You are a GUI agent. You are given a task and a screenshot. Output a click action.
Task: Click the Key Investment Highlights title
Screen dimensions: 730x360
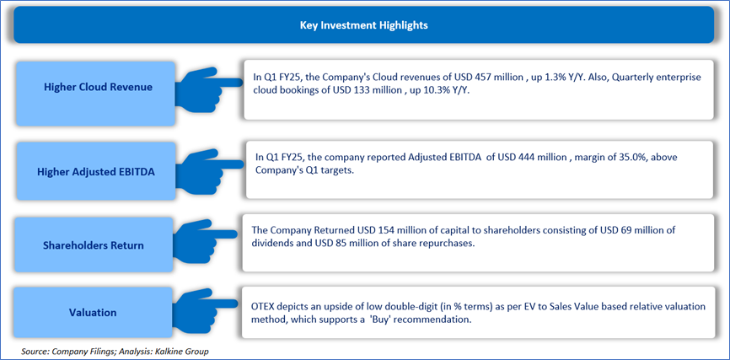[x=363, y=25]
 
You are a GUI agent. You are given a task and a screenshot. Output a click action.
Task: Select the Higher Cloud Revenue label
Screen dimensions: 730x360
[x=98, y=87]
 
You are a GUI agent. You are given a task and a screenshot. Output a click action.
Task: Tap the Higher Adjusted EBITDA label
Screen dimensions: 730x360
[x=96, y=172]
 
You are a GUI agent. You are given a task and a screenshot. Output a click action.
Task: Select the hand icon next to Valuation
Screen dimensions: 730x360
[x=207, y=308]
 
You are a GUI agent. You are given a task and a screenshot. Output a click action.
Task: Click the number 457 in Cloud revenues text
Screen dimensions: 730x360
[x=486, y=78]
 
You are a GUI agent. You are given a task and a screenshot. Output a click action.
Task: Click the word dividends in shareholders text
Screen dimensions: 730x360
[x=269, y=244]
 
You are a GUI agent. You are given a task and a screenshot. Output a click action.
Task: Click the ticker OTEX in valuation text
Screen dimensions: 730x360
[x=261, y=307]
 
